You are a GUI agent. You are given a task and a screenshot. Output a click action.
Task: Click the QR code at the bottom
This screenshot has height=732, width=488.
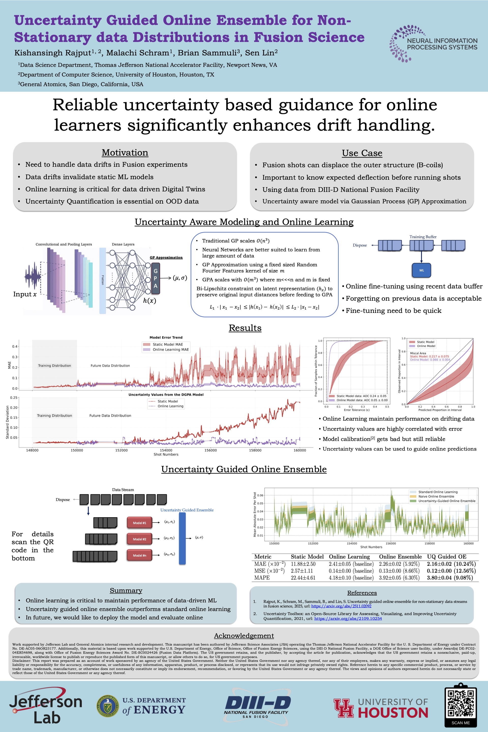click(x=460, y=703)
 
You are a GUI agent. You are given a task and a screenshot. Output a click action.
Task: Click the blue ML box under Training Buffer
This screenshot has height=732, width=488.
click(x=421, y=270)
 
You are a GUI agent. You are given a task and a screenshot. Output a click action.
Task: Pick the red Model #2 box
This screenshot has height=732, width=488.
click(x=140, y=539)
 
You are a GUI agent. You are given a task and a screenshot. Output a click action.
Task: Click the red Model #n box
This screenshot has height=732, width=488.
click(x=140, y=555)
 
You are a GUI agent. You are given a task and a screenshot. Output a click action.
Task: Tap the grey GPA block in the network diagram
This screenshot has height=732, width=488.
click(x=155, y=278)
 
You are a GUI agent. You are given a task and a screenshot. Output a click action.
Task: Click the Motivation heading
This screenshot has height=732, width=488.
click(x=125, y=152)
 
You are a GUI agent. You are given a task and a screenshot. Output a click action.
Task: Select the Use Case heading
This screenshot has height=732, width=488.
click(x=362, y=153)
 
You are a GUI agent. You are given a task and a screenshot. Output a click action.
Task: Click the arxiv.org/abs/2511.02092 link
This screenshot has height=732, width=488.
click(x=341, y=606)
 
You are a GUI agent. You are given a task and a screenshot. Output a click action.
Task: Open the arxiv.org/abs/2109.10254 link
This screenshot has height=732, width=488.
click(x=348, y=618)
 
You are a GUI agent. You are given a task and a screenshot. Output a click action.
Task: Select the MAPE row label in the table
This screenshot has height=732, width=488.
click(x=262, y=578)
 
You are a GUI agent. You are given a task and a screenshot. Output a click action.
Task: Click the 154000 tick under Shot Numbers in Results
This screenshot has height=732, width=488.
click(x=166, y=450)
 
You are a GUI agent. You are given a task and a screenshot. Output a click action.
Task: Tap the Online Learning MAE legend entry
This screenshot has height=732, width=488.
click(x=170, y=349)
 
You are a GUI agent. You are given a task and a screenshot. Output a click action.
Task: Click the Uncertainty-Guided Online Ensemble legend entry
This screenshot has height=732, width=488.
click(x=447, y=501)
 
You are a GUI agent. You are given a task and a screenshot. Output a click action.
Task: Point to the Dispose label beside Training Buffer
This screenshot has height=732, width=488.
click(x=360, y=245)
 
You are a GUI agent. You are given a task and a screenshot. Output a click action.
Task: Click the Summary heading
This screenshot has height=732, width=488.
click(x=126, y=591)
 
